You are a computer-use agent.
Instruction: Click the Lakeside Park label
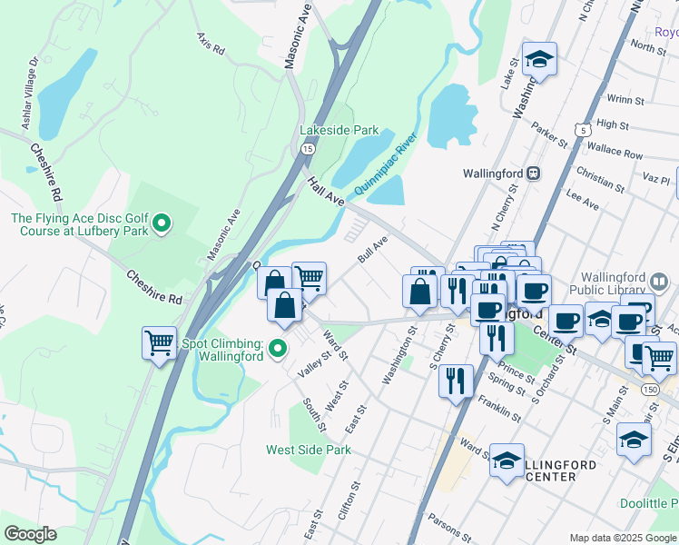tap(339, 130)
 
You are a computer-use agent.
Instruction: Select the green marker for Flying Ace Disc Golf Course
tap(162, 222)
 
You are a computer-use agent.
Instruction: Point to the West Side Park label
tap(308, 450)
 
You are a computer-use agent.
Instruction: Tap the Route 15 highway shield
tap(308, 148)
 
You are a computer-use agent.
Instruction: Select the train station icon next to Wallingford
tap(535, 173)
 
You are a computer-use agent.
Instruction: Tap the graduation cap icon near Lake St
tap(540, 60)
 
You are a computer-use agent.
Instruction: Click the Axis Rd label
tap(210, 45)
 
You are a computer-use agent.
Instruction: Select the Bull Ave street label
tap(372, 251)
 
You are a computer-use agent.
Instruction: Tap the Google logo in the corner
tap(30, 534)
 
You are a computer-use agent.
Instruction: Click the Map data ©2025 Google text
tap(622, 538)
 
